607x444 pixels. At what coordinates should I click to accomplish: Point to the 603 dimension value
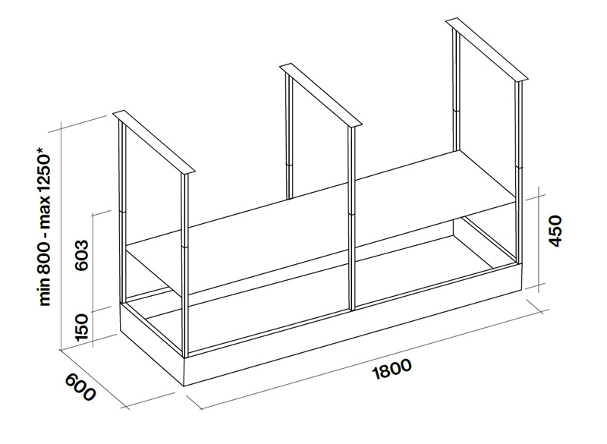pyautogui.click(x=83, y=259)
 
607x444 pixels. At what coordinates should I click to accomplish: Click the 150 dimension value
pyautogui.click(x=83, y=326)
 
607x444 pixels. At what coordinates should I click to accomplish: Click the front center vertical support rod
pyautogui.click(x=352, y=220)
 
